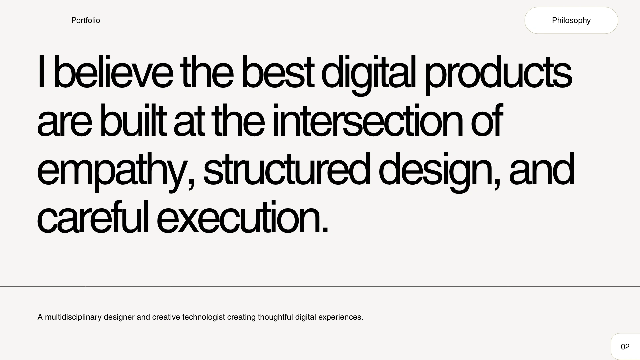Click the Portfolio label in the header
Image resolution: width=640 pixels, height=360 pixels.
pos(86,20)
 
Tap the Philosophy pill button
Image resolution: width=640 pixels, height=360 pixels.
pos(571,20)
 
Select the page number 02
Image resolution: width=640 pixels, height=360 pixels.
pos(625,347)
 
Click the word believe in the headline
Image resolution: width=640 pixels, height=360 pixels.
pos(113,72)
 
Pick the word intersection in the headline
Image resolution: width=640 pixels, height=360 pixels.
pos(368,120)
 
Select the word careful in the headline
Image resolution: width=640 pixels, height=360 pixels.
pos(93,217)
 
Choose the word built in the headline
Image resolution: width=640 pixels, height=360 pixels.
pos(133,120)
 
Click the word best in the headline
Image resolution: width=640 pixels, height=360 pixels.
pos(277,72)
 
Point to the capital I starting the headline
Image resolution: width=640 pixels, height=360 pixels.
pos(41,71)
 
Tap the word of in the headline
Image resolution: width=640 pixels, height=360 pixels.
pos(487,120)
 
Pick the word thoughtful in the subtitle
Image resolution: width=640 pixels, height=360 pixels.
pos(275,317)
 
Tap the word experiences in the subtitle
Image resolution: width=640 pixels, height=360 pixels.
pos(341,317)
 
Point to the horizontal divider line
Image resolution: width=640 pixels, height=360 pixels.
pos(320,286)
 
